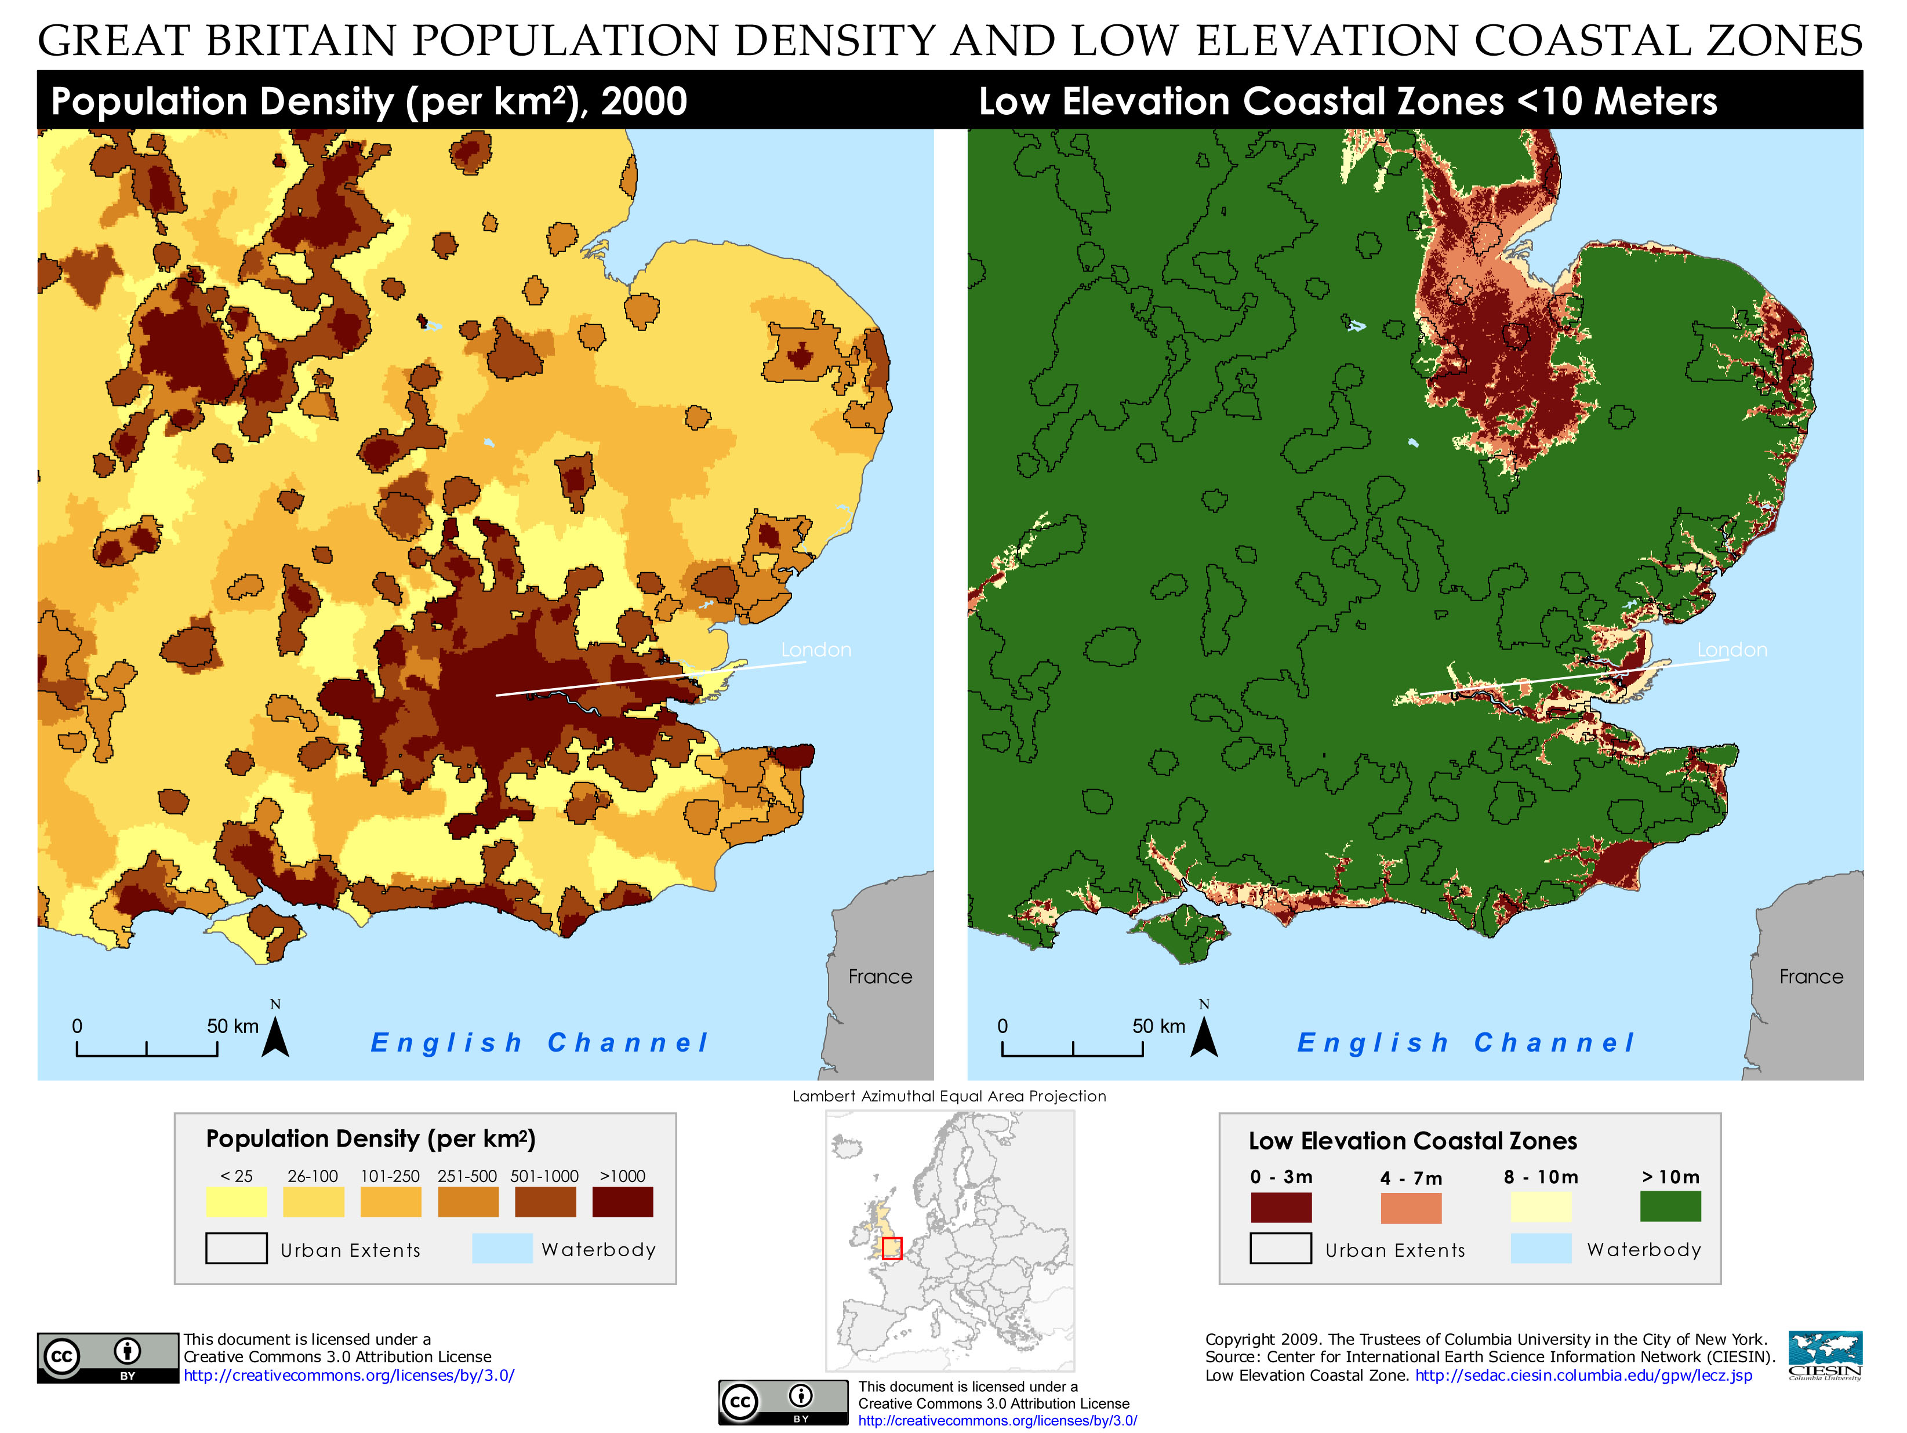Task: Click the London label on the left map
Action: coord(816,650)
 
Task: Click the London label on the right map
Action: coord(1732,650)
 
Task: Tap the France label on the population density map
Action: coord(880,976)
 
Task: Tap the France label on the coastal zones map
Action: coord(1810,976)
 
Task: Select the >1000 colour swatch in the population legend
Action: coord(623,1201)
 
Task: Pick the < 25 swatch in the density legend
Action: coord(236,1201)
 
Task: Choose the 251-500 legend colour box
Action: coord(468,1201)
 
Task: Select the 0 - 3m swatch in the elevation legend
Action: coord(1281,1207)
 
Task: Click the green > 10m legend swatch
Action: coord(1670,1206)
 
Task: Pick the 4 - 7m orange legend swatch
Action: coord(1411,1207)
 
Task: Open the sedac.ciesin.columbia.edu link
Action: coord(1583,1375)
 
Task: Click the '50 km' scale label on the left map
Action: coord(233,1026)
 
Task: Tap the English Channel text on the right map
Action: coord(1466,1043)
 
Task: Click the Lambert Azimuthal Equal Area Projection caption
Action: coord(949,1096)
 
